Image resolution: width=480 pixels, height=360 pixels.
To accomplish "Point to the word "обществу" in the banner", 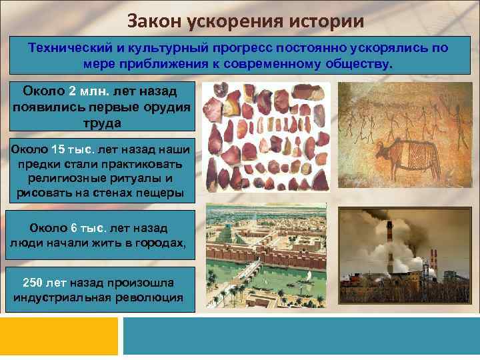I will click(x=359, y=65).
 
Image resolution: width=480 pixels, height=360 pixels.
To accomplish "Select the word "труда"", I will click(x=101, y=123).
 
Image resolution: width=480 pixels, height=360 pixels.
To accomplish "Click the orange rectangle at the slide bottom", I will click(x=60, y=336).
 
